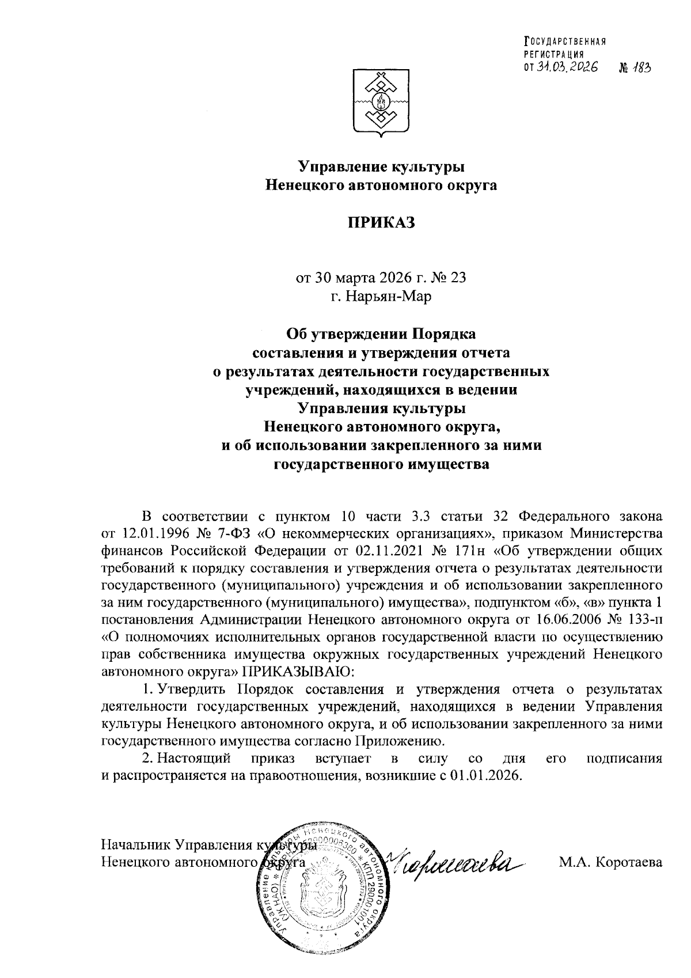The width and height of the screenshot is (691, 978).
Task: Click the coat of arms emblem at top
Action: coord(380,104)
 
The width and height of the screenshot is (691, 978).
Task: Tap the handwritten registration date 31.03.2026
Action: coord(567,67)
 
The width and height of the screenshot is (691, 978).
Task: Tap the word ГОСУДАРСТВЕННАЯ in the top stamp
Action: coord(564,41)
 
